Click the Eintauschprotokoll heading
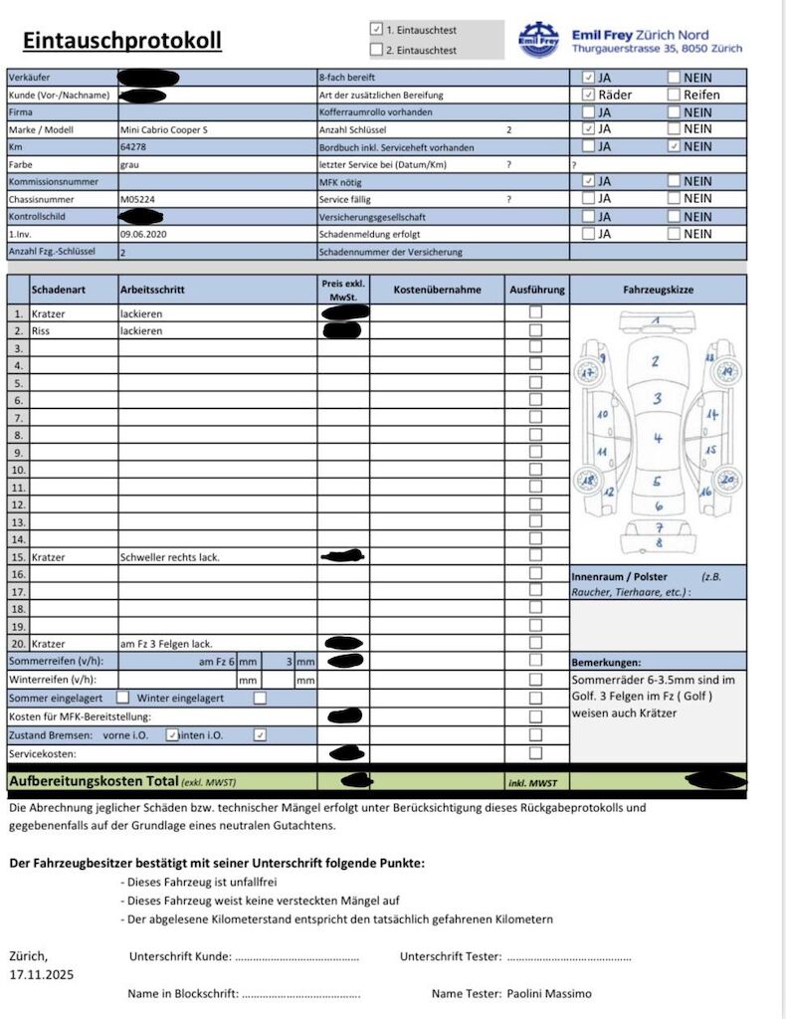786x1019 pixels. [x=121, y=41]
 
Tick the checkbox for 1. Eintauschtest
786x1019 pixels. [x=376, y=30]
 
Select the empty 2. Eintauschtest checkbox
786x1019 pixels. [x=376, y=49]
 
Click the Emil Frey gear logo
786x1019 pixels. [x=538, y=39]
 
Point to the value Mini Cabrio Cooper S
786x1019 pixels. [x=164, y=129]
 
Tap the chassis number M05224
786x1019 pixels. [x=136, y=199]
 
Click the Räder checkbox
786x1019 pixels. [x=589, y=95]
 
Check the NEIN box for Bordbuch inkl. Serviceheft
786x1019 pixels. [x=675, y=146]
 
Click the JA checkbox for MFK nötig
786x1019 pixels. [x=589, y=181]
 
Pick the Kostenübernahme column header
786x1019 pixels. [x=437, y=290]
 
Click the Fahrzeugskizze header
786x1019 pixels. [x=658, y=290]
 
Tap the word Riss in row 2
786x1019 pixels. [x=41, y=330]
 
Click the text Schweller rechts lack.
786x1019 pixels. [x=169, y=557]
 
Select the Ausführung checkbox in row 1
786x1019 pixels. [x=536, y=312]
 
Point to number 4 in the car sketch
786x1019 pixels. [x=658, y=438]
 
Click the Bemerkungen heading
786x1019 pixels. [x=606, y=662]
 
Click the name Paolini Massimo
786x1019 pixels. [x=549, y=993]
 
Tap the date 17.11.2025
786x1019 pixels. [x=42, y=974]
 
